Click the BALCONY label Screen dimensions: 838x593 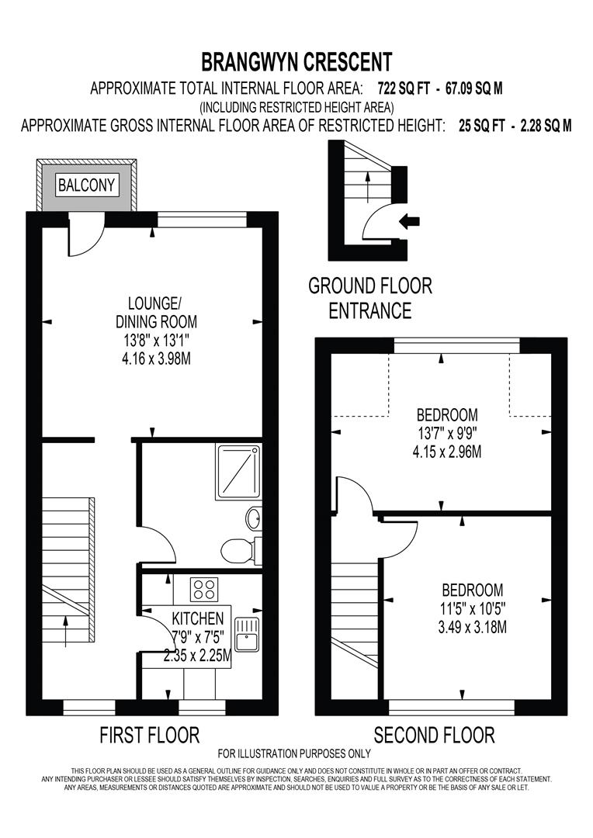(87, 185)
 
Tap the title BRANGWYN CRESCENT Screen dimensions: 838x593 (296, 61)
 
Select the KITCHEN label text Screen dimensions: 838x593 (198, 619)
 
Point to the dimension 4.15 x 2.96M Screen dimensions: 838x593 (447, 452)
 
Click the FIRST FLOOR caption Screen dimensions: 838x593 (150, 734)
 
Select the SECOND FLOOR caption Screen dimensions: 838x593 (434, 734)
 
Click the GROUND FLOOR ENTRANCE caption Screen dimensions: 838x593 (370, 298)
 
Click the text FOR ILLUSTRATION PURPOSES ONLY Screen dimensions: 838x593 (294, 753)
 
